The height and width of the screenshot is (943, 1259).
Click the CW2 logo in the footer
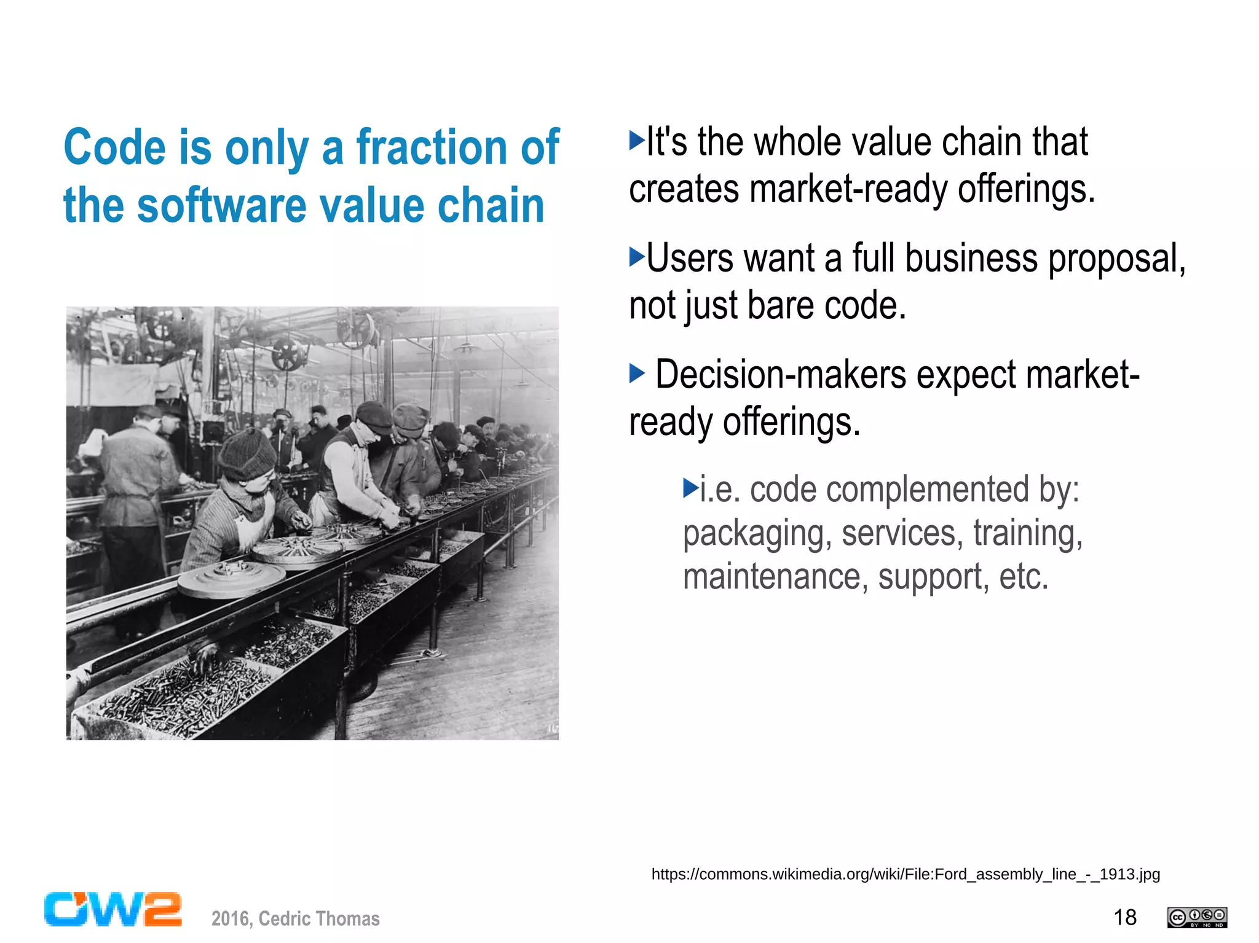coord(112,909)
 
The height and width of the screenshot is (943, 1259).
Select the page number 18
coord(1125,917)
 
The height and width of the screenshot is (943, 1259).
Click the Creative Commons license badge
coord(1197,917)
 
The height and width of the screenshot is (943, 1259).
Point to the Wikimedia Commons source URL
coord(906,874)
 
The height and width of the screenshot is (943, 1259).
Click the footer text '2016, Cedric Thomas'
coord(296,918)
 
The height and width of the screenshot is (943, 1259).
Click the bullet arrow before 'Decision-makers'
coord(637,373)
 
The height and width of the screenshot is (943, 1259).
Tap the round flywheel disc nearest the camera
coord(231,578)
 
